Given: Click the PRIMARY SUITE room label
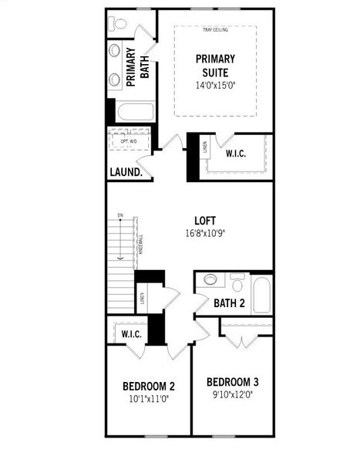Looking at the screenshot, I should (x=215, y=65).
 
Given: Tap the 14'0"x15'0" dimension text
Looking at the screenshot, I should (x=215, y=86).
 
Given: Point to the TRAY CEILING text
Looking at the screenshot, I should (x=215, y=30).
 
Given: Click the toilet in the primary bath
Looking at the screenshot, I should (x=118, y=24).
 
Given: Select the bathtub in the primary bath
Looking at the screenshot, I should (x=136, y=112).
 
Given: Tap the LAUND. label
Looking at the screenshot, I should (x=126, y=172).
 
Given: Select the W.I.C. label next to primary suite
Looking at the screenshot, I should (x=235, y=154).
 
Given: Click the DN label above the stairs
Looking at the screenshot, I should (x=120, y=215).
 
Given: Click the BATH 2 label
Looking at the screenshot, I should (x=229, y=303).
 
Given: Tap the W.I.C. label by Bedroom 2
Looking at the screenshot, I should (x=130, y=334).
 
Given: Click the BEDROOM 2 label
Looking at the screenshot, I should (x=149, y=386).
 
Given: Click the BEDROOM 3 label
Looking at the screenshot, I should (x=232, y=382).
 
